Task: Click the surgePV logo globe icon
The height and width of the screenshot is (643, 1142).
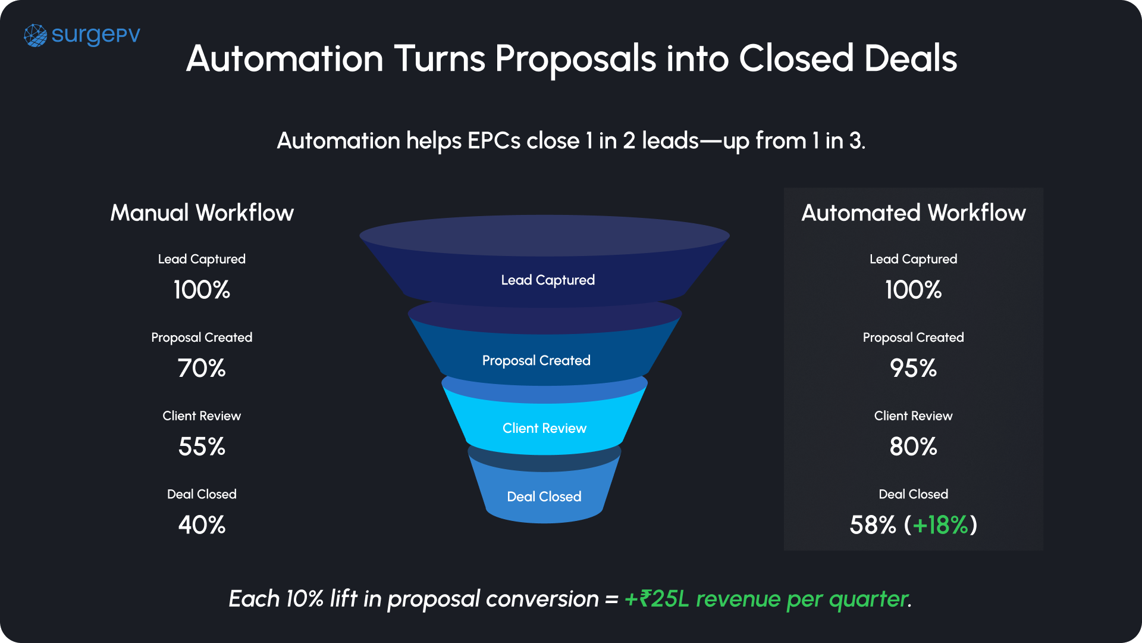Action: pyautogui.click(x=35, y=36)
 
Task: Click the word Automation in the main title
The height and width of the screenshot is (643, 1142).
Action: pyautogui.click(x=284, y=59)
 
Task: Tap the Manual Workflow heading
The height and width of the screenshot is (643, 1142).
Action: pyautogui.click(x=202, y=213)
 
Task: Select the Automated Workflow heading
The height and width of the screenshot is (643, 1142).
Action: pyautogui.click(x=913, y=213)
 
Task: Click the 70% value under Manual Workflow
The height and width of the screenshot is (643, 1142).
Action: pyautogui.click(x=202, y=368)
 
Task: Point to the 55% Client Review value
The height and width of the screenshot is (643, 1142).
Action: pyautogui.click(x=202, y=447)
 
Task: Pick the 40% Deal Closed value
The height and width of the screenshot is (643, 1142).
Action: pyautogui.click(x=202, y=525)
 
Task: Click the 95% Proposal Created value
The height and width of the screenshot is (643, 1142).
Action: pyautogui.click(x=913, y=368)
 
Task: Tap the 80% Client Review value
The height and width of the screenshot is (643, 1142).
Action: pyautogui.click(x=913, y=447)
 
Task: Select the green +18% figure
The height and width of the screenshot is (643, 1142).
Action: pyautogui.click(x=940, y=525)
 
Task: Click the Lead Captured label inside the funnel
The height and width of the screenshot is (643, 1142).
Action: pyautogui.click(x=548, y=280)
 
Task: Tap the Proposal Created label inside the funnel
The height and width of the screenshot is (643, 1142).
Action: pyautogui.click(x=536, y=360)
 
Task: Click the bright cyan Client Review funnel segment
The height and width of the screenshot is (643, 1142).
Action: pyautogui.click(x=544, y=428)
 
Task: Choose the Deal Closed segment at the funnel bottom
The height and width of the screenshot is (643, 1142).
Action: pyautogui.click(x=544, y=497)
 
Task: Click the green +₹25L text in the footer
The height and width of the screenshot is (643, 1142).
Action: pyautogui.click(x=656, y=599)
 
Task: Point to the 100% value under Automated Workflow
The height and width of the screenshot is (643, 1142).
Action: pyautogui.click(x=913, y=290)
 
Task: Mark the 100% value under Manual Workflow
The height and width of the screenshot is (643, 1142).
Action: pyautogui.click(x=202, y=290)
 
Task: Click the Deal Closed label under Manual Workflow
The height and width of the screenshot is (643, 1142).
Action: pyautogui.click(x=202, y=494)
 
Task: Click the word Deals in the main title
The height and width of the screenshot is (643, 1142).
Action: pyautogui.click(x=910, y=59)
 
